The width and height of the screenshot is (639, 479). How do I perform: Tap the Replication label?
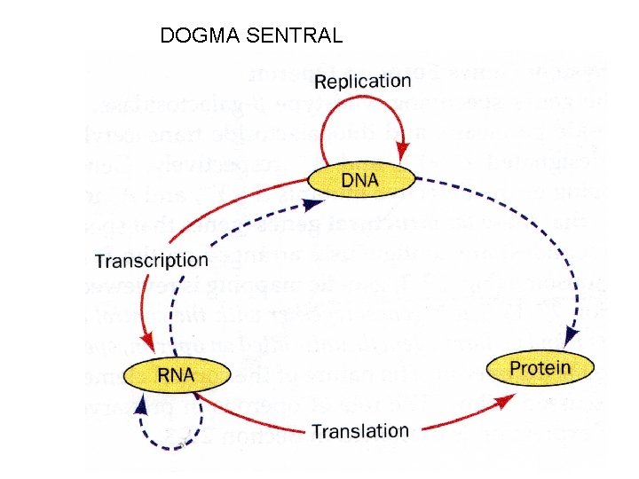[x=363, y=82]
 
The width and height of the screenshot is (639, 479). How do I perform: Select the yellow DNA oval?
[x=359, y=180]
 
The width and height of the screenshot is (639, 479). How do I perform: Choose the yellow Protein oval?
[x=540, y=368]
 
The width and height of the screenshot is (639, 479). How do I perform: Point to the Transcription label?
[x=152, y=261]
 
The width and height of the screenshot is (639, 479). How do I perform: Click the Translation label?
[x=359, y=431]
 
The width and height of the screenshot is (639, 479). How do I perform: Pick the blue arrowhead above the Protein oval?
[x=572, y=338]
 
